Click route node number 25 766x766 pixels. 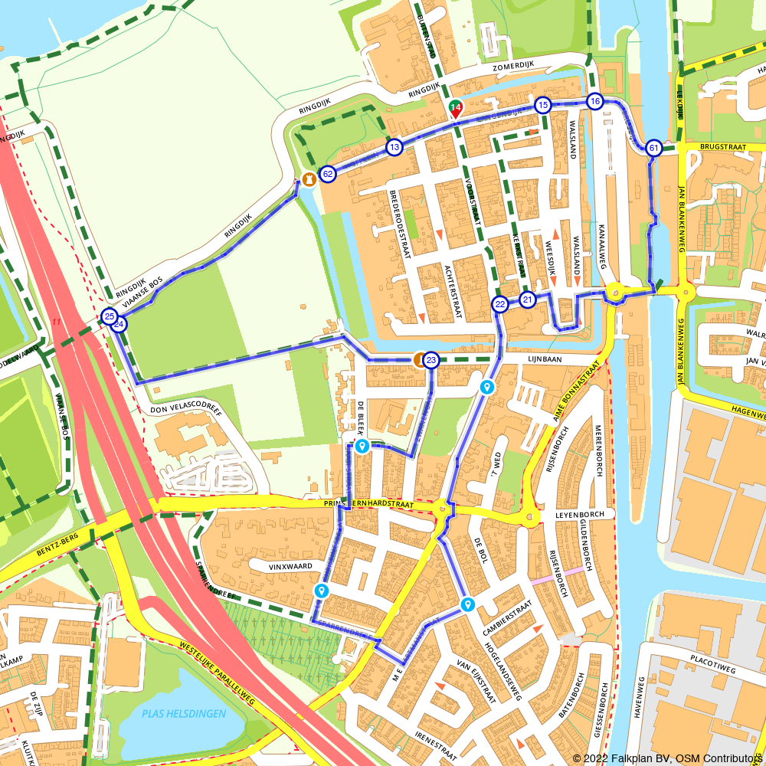pyautogui.click(x=109, y=316)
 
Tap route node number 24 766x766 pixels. pyautogui.click(x=119, y=324)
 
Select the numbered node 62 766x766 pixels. pyautogui.click(x=328, y=174)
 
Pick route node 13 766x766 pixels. pyautogui.click(x=394, y=147)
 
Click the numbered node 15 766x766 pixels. pyautogui.click(x=543, y=105)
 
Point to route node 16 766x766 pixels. pyautogui.click(x=595, y=101)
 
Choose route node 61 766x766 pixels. pyautogui.click(x=653, y=148)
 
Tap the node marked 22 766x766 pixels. pyautogui.click(x=499, y=304)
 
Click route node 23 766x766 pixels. pyautogui.click(x=431, y=360)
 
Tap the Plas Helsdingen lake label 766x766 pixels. pyautogui.click(x=184, y=714)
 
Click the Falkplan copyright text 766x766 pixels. pyautogui.click(x=666, y=758)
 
